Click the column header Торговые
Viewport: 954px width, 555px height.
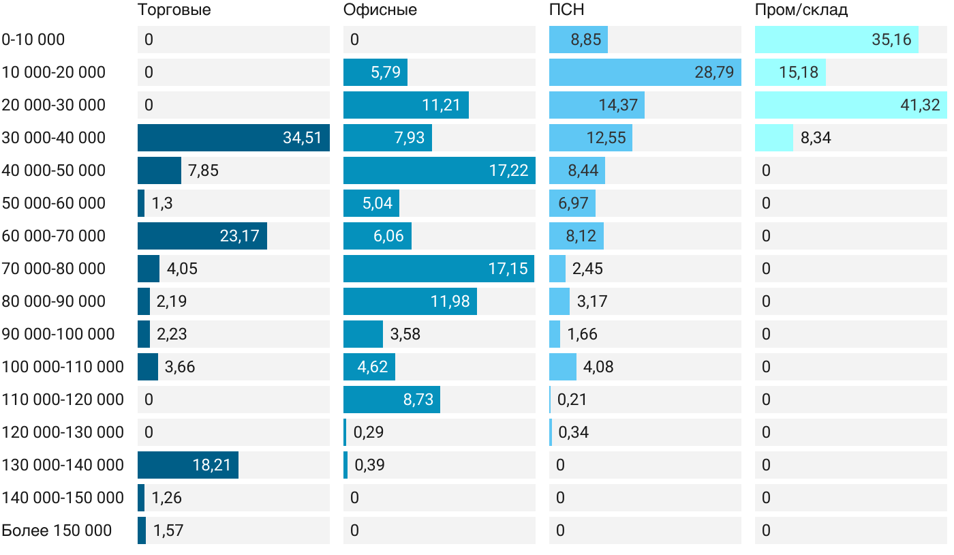click(x=174, y=10)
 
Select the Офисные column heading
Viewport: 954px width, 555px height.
click(x=380, y=10)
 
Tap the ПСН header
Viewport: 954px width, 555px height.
click(x=566, y=10)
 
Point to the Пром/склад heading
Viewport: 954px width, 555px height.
click(x=801, y=10)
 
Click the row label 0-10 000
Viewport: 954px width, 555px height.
click(x=33, y=40)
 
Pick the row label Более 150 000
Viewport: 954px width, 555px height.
click(x=57, y=530)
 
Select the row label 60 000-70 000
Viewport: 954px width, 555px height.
click(x=54, y=236)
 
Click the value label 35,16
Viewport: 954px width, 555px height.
click(x=891, y=40)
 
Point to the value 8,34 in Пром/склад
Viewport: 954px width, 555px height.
click(x=816, y=138)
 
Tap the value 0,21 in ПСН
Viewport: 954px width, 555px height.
click(x=572, y=400)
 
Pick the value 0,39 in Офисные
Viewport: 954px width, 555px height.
click(x=369, y=465)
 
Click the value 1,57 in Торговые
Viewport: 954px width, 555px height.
click(x=168, y=530)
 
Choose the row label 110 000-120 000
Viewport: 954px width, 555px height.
click(x=63, y=400)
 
